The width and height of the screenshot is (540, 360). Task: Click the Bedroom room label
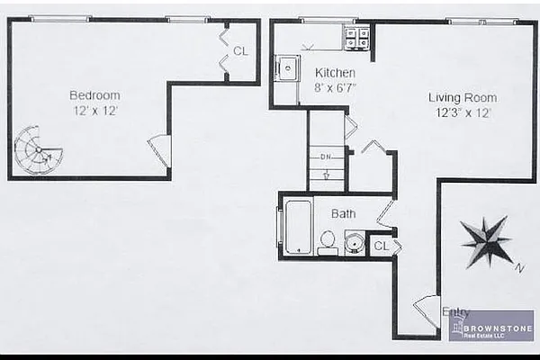[94, 94]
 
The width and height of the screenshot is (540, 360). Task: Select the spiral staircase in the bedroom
[39, 149]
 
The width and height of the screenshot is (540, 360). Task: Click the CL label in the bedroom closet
[240, 51]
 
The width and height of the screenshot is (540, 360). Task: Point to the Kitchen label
[335, 73]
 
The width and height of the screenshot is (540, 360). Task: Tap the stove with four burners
[357, 38]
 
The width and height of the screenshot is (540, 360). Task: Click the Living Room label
[462, 97]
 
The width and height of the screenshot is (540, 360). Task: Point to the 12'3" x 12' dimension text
[461, 112]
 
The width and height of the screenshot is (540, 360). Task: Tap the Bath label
[343, 214]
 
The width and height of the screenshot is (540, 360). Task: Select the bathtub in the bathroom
[298, 226]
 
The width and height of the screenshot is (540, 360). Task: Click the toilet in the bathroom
[328, 241]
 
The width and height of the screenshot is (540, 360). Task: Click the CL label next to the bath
[382, 245]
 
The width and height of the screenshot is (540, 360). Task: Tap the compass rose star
[486, 240]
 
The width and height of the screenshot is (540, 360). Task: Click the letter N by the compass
[519, 267]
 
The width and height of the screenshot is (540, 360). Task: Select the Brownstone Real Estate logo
[491, 326]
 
